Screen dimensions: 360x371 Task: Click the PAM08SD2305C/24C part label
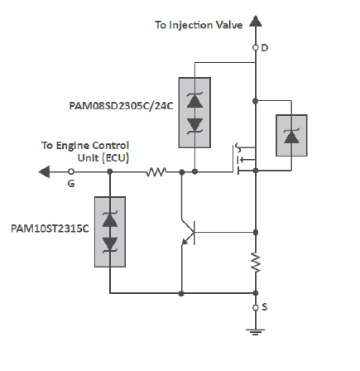(x=121, y=106)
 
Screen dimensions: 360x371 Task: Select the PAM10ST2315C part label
(x=50, y=229)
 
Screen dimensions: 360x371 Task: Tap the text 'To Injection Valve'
(x=199, y=25)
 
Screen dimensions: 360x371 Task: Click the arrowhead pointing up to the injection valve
(x=256, y=22)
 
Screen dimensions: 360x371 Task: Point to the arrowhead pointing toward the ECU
(x=44, y=171)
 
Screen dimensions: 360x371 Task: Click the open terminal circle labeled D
(x=256, y=48)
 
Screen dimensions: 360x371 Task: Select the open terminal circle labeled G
(x=71, y=171)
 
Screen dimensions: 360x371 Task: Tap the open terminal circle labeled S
(x=256, y=307)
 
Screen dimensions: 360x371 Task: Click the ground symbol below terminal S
(x=255, y=331)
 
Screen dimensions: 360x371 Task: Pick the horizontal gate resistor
(x=156, y=171)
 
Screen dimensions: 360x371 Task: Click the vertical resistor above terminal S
(x=256, y=262)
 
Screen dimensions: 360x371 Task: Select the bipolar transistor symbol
(x=189, y=233)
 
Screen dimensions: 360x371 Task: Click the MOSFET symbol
(x=245, y=159)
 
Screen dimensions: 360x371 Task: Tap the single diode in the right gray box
(x=291, y=136)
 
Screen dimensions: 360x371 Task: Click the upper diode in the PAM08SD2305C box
(x=194, y=100)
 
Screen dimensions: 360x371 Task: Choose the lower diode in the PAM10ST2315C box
(x=110, y=244)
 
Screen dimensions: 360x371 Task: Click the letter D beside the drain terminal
(x=265, y=48)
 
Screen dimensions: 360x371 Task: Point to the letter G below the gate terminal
(x=71, y=184)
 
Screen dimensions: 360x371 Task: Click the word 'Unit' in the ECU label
(x=88, y=158)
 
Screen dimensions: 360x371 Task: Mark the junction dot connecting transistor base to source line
(x=256, y=233)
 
